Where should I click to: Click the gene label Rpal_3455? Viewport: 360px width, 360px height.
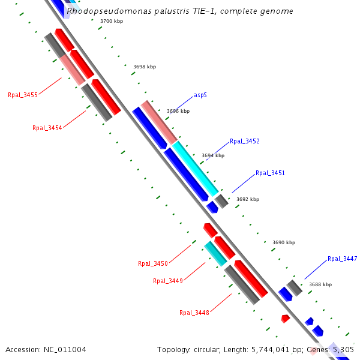pyautogui.click(x=23, y=95)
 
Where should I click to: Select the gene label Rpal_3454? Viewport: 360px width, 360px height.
pyautogui.click(x=47, y=128)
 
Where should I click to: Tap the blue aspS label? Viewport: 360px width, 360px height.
pyautogui.click(x=200, y=95)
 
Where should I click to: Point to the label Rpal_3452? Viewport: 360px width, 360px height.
pyautogui.click(x=245, y=142)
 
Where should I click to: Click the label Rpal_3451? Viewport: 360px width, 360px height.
pyautogui.click(x=270, y=173)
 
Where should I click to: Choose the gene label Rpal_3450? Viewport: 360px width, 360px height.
pyautogui.click(x=153, y=263)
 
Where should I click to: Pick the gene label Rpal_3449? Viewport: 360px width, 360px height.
pyautogui.click(x=168, y=281)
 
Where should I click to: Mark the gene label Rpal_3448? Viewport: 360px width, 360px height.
pyautogui.click(x=194, y=313)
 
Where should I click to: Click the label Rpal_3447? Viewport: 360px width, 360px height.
pyautogui.click(x=342, y=259)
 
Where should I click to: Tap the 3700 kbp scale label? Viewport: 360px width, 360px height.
pyautogui.click(x=112, y=21)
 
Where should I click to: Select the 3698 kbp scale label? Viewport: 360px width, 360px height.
pyautogui.click(x=145, y=67)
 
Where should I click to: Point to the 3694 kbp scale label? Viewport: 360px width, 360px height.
pyautogui.click(x=213, y=155)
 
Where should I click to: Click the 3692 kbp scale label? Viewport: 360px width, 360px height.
pyautogui.click(x=248, y=199)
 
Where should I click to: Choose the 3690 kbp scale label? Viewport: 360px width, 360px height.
pyautogui.click(x=284, y=242)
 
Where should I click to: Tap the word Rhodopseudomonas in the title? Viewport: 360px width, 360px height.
pyautogui.click(x=100, y=11)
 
